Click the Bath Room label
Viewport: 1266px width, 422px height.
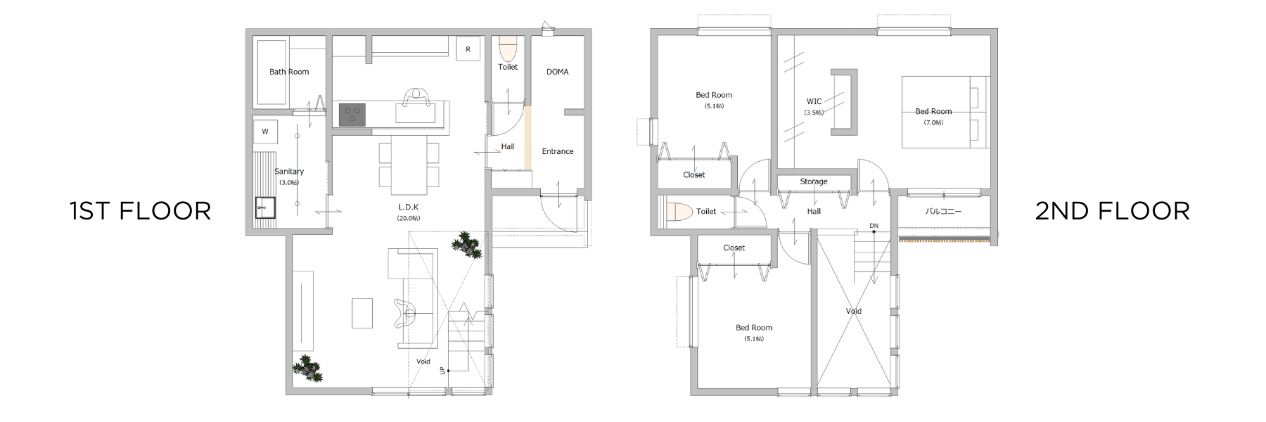[289, 72]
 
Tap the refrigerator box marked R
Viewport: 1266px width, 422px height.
[468, 49]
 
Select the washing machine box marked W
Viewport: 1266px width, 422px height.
[265, 132]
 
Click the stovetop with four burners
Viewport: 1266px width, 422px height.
[352, 115]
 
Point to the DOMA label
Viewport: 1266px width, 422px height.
[557, 72]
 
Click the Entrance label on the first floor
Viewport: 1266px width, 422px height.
[558, 151]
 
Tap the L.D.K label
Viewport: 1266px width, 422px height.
[409, 207]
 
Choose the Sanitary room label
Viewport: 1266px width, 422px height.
[289, 172]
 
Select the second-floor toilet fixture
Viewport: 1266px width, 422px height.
[677, 212]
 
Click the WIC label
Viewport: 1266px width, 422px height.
[814, 101]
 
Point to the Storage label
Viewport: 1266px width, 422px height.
[814, 181]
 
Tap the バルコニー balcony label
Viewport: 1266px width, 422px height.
[943, 211]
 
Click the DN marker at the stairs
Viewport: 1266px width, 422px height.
[874, 226]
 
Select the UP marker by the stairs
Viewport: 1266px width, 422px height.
[442, 370]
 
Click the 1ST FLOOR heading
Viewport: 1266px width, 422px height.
[141, 211]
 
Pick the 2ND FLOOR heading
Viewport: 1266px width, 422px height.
[1113, 211]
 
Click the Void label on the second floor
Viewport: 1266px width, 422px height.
[854, 311]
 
